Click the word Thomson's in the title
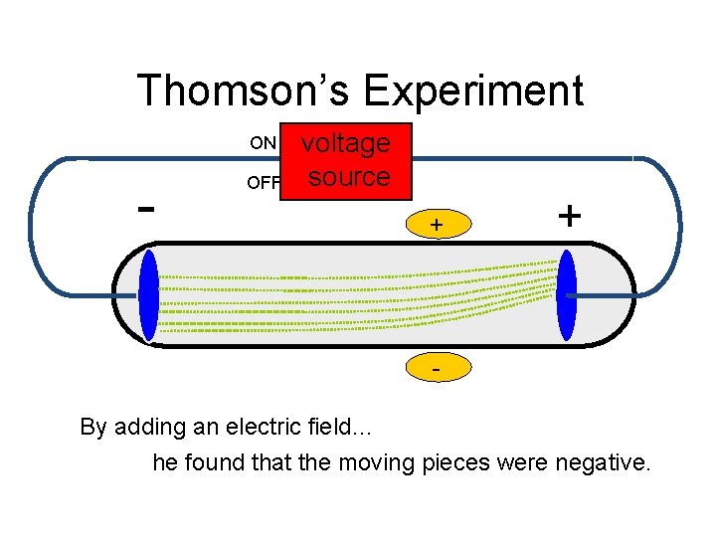(244, 90)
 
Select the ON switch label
(263, 142)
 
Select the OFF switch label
(264, 182)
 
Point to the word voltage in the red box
(346, 143)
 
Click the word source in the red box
(348, 177)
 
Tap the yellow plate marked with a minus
(436, 369)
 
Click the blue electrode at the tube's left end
(149, 296)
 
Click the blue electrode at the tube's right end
(567, 295)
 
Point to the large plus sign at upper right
(569, 215)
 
